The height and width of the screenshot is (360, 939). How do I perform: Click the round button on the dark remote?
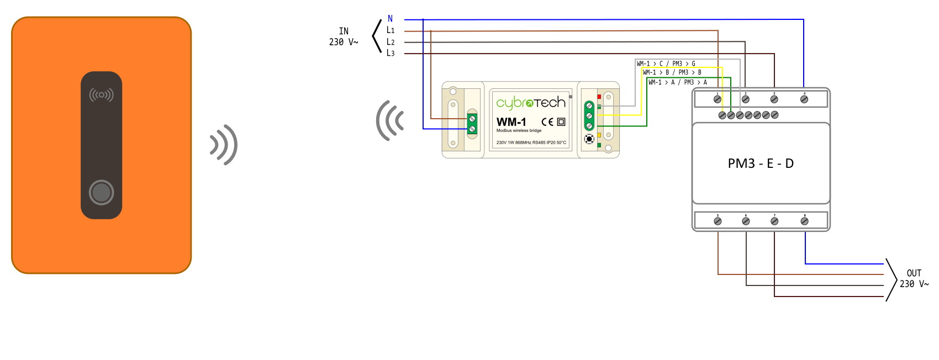pos(101,192)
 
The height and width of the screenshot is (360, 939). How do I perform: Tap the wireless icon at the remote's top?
pos(101,95)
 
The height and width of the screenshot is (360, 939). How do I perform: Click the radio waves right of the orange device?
pos(224,145)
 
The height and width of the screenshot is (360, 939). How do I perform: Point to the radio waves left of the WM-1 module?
pos(390,120)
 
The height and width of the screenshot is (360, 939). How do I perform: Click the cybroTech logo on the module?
pos(530,103)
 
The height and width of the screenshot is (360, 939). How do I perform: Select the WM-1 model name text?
pos(511,122)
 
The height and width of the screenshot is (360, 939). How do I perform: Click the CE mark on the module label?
pos(547,122)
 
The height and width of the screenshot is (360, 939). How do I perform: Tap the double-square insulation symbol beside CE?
pos(561,122)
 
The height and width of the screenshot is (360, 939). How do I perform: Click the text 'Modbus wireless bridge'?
pos(519,131)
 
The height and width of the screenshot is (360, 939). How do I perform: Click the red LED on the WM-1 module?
pos(599,97)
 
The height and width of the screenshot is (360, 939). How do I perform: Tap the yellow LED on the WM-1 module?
pos(599,135)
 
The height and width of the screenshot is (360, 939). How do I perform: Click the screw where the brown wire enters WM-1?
pos(472,119)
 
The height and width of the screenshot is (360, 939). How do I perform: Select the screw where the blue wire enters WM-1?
pos(472,129)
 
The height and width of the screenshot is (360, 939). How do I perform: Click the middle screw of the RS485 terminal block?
pos(589,116)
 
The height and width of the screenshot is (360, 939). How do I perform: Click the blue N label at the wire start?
pos(391,19)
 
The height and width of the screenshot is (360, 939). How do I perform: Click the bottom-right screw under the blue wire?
pos(804,221)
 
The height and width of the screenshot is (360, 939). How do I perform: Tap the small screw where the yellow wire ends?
pos(722,115)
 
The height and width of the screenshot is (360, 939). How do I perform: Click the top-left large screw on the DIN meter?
pos(718,99)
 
